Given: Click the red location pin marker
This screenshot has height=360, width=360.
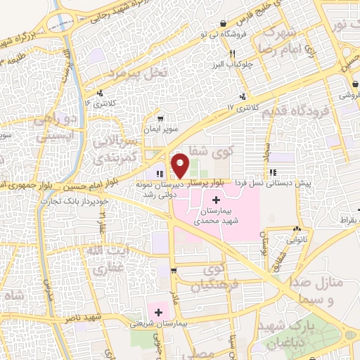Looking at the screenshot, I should point(180,165).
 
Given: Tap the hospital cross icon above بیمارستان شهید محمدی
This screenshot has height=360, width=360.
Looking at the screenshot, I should point(215,201).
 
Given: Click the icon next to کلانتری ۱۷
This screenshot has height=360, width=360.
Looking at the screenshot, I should point(243,96).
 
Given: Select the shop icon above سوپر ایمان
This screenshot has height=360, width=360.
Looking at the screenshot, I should point(161,119).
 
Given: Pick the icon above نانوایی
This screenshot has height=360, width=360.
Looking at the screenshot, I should point(297,229).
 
